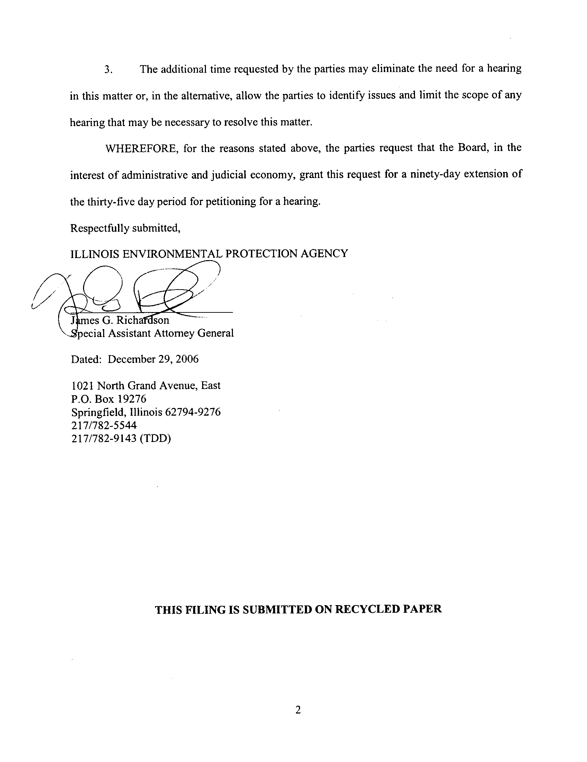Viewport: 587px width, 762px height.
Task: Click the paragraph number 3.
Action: tap(108, 70)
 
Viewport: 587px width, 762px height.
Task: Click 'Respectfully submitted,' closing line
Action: tap(125, 228)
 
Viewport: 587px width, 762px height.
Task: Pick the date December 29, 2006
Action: tap(153, 360)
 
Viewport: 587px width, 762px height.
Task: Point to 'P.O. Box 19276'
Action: tap(109, 399)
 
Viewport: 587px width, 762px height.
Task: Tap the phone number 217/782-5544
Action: tap(104, 425)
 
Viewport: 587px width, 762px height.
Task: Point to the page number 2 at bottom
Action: tap(298, 710)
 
